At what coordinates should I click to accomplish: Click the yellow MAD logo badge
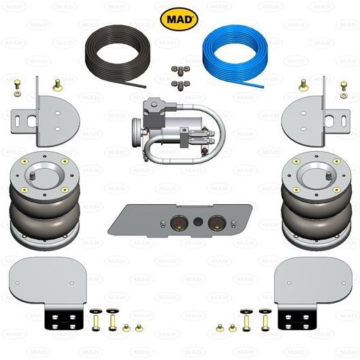click(x=179, y=19)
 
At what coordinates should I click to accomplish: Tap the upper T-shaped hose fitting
click(x=180, y=69)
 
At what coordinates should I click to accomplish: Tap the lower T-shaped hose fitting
click(x=180, y=84)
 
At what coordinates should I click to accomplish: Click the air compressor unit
click(x=177, y=131)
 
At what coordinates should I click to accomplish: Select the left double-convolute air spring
click(x=45, y=200)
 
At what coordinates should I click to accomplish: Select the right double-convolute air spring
click(x=316, y=200)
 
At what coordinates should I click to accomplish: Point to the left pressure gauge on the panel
click(x=179, y=223)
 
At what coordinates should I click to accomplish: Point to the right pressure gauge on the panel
click(x=216, y=223)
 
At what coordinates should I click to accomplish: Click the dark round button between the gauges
click(x=198, y=222)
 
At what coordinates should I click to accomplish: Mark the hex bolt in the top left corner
click(x=17, y=84)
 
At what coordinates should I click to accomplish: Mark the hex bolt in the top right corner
click(x=344, y=86)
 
